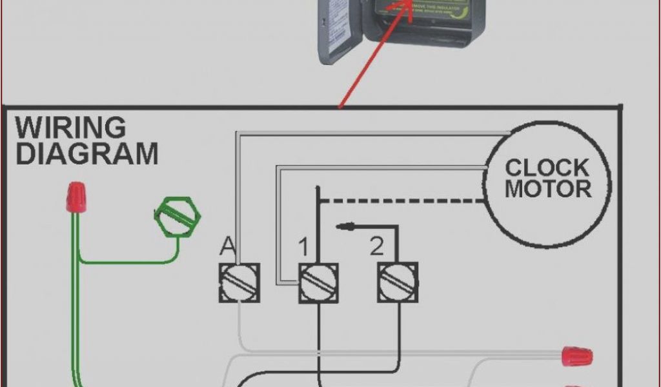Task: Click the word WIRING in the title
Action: point(71,127)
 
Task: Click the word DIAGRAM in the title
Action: point(86,154)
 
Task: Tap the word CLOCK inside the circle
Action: point(547,168)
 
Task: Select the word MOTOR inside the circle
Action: point(547,189)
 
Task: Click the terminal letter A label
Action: point(228,245)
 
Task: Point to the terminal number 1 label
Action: point(303,246)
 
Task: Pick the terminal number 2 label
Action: point(376,246)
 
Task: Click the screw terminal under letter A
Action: point(239,282)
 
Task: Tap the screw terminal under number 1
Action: point(319,282)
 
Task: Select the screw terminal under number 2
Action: point(398,282)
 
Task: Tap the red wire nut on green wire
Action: point(76,196)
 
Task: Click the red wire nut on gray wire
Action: point(576,355)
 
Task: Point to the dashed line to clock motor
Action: point(400,201)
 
